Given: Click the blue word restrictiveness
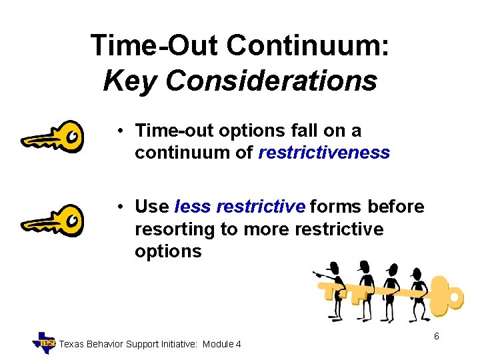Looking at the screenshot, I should click(324, 153).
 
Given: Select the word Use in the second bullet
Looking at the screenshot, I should click(151, 207).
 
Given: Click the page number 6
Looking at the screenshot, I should click(436, 337).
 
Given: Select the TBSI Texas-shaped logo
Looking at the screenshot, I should click(45, 342).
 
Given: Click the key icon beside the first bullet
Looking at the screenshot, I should click(53, 137).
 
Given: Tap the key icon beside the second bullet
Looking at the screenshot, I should click(53, 219).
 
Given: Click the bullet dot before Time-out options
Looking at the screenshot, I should click(116, 131).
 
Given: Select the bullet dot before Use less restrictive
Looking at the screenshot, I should click(116, 207).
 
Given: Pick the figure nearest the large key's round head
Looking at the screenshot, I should click(418, 293).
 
